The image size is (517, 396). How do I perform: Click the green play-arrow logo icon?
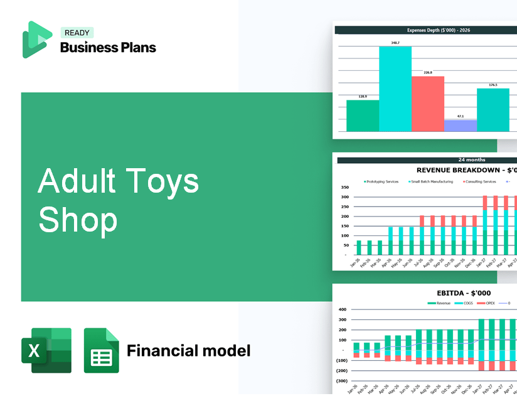(36, 39)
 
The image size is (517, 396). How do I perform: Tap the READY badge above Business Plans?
(77, 33)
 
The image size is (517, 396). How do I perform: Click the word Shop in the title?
(78, 220)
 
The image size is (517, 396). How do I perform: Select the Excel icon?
(46, 350)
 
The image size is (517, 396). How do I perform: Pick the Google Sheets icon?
(102, 350)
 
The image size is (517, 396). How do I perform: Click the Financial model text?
(188, 350)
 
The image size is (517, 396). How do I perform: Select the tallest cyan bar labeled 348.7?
(395, 88)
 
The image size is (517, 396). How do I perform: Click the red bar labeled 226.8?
(428, 104)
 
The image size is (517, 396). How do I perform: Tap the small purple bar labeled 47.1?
(461, 126)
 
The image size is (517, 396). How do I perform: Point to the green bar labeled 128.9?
(363, 115)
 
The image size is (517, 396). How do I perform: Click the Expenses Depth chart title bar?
(426, 29)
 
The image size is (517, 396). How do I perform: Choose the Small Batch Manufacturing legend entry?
(434, 182)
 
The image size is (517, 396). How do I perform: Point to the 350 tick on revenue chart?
(344, 187)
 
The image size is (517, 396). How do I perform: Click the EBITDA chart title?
(464, 292)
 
